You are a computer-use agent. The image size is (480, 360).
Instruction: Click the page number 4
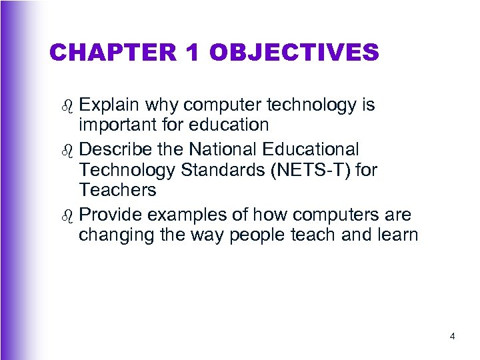tap(453, 337)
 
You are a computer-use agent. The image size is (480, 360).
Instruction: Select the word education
tap(231, 125)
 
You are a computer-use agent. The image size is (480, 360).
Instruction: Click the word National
tap(231, 149)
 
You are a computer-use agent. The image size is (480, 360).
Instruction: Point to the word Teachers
tap(117, 190)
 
